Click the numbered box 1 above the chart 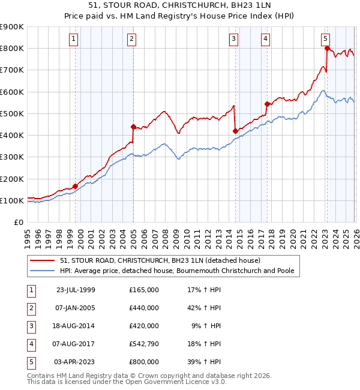click(x=73, y=40)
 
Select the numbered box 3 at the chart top click(x=233, y=40)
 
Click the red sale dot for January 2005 click(x=133, y=127)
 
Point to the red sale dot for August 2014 click(x=235, y=131)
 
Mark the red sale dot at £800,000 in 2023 click(x=327, y=49)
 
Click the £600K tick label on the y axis click(x=12, y=92)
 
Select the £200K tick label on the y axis click(x=12, y=179)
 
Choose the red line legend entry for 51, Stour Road click(x=160, y=260)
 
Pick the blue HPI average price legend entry click(x=176, y=271)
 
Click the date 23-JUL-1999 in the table click(x=76, y=290)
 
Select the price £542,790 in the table click(x=144, y=344)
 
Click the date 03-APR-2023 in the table click(x=76, y=362)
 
